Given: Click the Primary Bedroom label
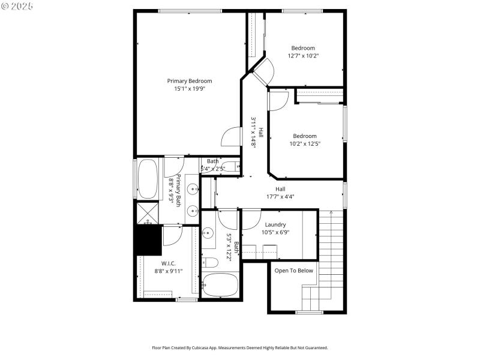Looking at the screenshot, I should point(189,81).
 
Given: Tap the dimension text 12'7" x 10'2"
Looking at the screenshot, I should point(303,56).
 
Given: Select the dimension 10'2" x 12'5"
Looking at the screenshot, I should point(303,143).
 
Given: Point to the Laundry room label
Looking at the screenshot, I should point(275,225).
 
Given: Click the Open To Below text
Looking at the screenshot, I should point(293,271).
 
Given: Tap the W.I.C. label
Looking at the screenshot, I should point(168,263).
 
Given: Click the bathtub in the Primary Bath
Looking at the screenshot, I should point(147,178).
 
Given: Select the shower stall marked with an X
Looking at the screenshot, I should point(146,214).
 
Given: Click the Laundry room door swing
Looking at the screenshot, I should point(251,220).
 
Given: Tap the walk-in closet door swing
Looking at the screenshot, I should point(172,235).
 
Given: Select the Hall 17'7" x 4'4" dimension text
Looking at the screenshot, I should point(280,196).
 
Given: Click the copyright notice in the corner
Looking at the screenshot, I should point(17,5).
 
